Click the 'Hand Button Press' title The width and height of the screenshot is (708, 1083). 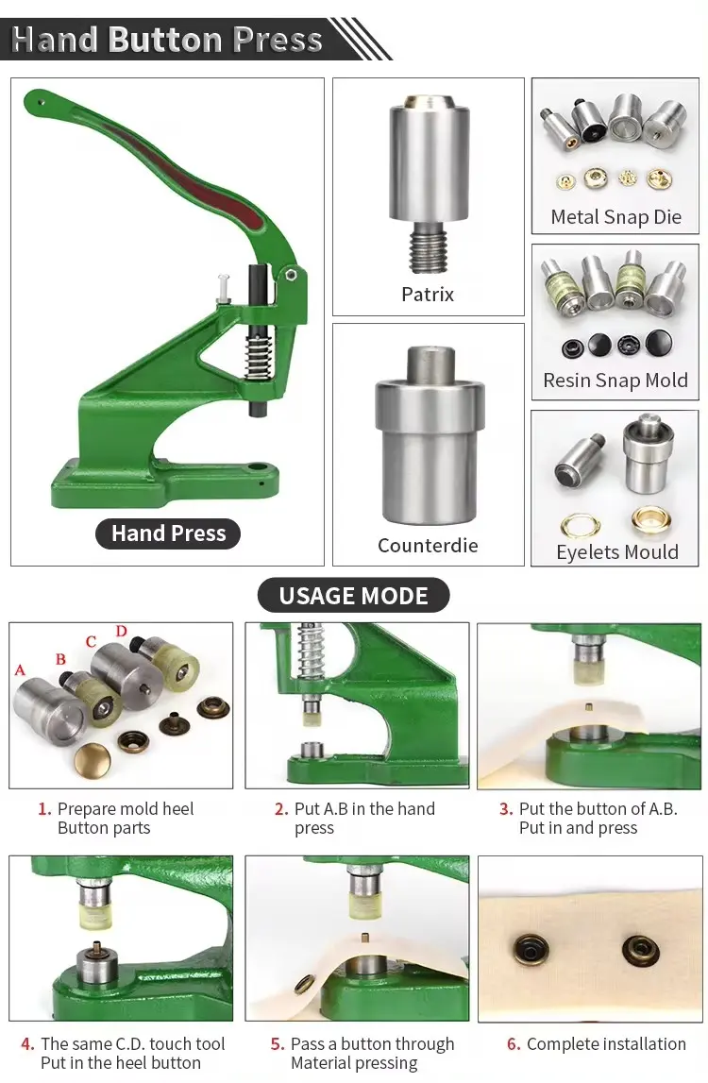(167, 40)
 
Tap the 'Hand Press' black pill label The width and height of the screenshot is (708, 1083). (168, 533)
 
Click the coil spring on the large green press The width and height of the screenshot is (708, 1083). (256, 356)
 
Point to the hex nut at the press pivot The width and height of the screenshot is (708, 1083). (292, 274)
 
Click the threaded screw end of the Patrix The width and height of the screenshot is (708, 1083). (429, 248)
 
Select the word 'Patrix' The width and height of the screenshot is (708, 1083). (428, 295)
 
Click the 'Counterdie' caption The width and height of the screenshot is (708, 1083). (428, 546)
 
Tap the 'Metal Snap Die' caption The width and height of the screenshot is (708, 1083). (616, 217)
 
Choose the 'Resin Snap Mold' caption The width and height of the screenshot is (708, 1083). (615, 381)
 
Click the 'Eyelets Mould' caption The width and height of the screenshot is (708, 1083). (616, 551)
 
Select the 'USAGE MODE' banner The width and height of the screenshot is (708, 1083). (354, 596)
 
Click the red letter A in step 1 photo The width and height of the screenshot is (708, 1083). (20, 670)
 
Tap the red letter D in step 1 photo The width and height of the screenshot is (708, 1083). (122, 632)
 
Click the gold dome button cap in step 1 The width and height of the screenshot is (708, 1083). (93, 760)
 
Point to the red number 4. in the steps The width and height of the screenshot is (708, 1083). (27, 1043)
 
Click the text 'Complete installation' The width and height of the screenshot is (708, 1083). (606, 1043)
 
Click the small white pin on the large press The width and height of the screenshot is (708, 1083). (223, 287)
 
